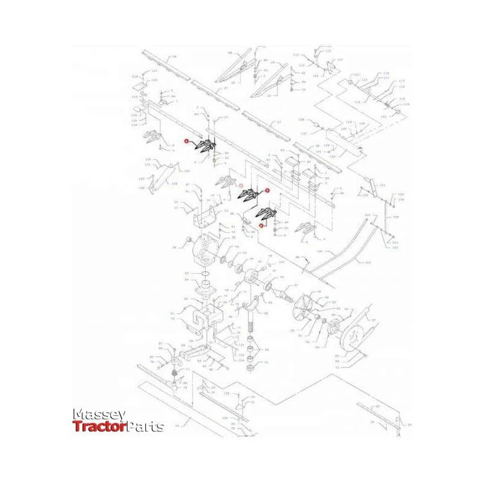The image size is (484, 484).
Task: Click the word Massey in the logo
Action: [x=99, y=414]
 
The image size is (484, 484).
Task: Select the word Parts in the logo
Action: [x=145, y=427]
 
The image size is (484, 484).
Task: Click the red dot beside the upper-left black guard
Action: [x=188, y=142]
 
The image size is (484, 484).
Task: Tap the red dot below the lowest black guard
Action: [x=261, y=225]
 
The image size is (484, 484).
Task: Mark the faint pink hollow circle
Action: [x=241, y=186]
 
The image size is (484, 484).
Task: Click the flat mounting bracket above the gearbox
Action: [x=209, y=212]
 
